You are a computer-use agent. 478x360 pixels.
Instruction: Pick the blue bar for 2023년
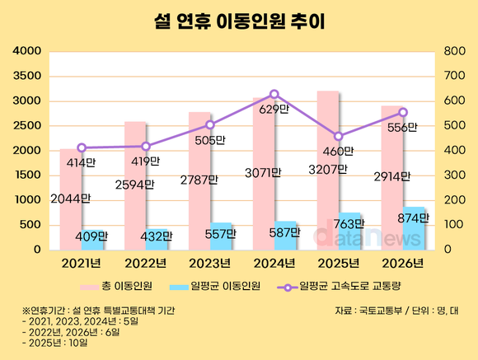tap(221, 236)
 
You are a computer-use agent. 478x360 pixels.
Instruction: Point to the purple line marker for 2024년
tap(274, 94)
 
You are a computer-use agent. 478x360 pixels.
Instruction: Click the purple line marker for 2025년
tap(339, 136)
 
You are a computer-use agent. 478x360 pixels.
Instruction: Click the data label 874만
tap(413, 218)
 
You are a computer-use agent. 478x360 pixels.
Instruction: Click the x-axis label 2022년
tap(146, 263)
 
